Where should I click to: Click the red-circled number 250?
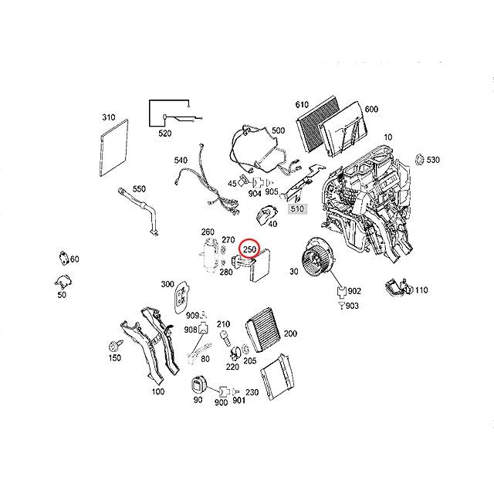tap(249, 250)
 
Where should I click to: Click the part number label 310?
tap(108, 118)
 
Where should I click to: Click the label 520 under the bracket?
tap(164, 134)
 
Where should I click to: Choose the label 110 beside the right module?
tap(421, 289)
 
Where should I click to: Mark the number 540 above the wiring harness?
tap(181, 161)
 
